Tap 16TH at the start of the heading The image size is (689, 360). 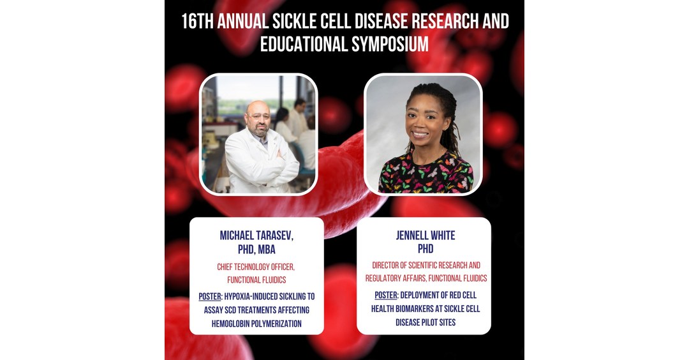(x=197, y=21)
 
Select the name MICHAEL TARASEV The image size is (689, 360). (x=256, y=235)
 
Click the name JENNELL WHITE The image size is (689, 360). (x=426, y=235)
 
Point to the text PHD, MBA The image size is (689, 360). (x=256, y=249)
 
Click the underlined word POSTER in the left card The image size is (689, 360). (x=210, y=297)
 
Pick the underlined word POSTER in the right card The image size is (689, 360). (x=386, y=296)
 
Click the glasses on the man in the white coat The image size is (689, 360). (x=258, y=117)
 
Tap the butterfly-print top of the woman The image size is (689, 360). (x=426, y=173)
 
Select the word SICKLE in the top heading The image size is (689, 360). (x=294, y=21)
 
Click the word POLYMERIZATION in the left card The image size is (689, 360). (x=279, y=324)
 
